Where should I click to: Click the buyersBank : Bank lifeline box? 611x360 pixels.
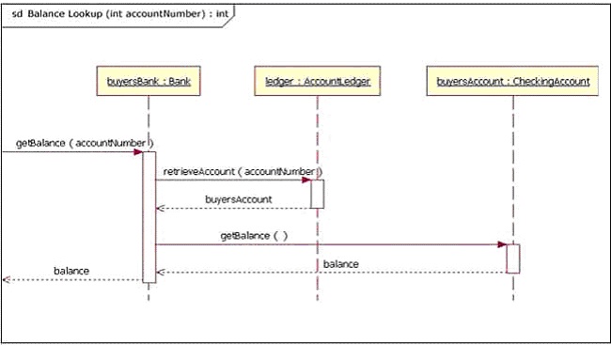click(x=149, y=82)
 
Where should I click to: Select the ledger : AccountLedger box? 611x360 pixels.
click(x=317, y=82)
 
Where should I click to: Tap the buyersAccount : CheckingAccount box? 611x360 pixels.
click(x=513, y=82)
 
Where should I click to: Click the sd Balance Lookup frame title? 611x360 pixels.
click(x=118, y=13)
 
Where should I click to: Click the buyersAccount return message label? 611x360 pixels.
click(x=239, y=199)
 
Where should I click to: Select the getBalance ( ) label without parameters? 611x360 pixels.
click(x=254, y=235)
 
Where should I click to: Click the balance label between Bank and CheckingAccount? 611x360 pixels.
click(x=340, y=264)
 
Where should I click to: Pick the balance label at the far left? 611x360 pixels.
click(x=71, y=271)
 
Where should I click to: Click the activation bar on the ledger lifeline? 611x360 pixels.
click(x=318, y=194)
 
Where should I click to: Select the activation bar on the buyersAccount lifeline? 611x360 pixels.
click(x=513, y=258)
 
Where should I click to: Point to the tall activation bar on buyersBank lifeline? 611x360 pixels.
click(x=149, y=216)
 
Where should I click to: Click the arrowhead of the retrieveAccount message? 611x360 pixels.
click(x=306, y=180)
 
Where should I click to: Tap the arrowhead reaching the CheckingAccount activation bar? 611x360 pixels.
click(x=502, y=244)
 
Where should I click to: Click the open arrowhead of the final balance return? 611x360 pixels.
click(x=6, y=279)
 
